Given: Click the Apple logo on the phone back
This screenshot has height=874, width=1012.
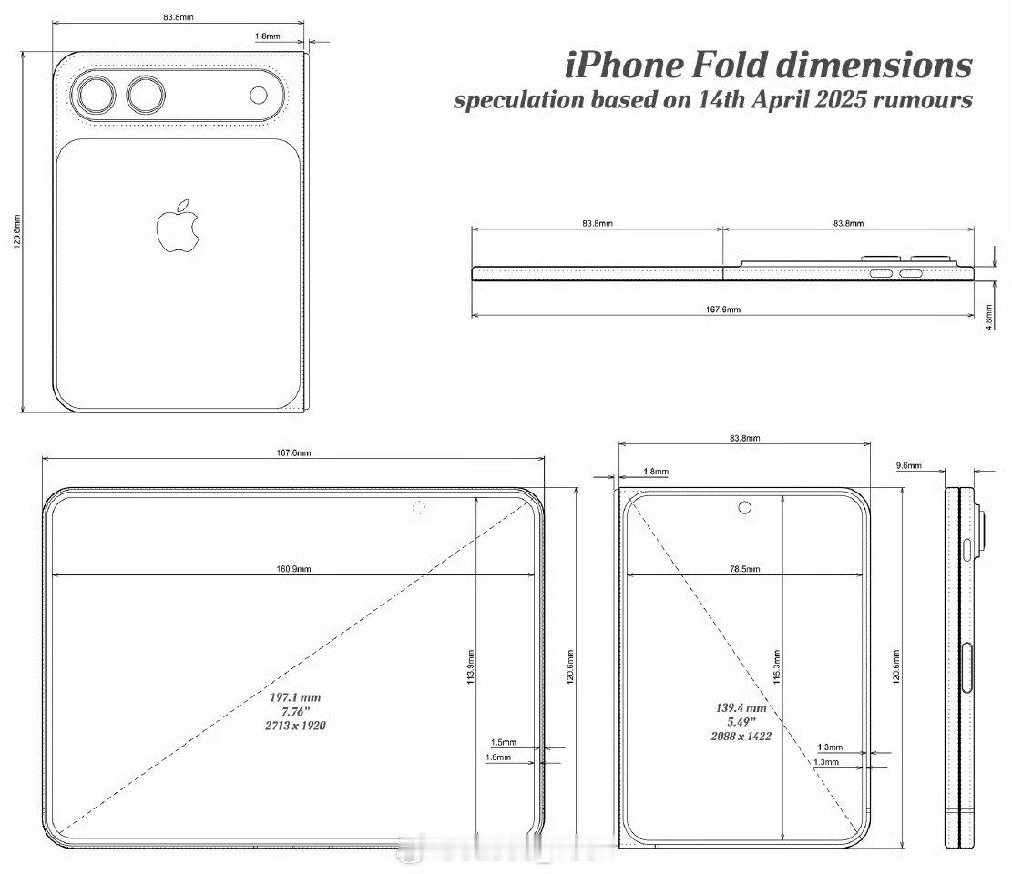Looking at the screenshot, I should pos(178,225).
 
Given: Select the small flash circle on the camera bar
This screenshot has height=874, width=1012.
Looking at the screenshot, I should pos(259,97).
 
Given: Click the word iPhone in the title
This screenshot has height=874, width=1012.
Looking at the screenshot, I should pos(621,66).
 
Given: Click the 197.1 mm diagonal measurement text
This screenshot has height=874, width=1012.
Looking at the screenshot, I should pos(295,696).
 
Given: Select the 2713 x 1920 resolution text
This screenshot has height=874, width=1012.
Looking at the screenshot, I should pos(295,726).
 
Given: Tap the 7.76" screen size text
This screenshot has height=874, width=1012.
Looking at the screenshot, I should pos(295,711).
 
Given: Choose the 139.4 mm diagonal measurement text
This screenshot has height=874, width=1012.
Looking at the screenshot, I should pos(740,707).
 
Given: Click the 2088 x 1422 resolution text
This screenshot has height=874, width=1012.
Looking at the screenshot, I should pos(740,736).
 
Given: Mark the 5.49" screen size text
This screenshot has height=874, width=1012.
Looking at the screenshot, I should pos(740,721).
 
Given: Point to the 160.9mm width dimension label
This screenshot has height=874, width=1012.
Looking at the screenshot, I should pos(294,569).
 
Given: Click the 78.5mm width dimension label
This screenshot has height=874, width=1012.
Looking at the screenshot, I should pos(744,569).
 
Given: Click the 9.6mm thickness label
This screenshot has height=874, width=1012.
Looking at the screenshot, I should pos(909,466).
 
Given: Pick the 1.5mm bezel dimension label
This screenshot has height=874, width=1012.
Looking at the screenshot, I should pos(503,743).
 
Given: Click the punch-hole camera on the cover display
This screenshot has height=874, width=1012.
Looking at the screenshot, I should pos(745,507).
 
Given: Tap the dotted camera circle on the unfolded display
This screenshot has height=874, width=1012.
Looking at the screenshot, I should pos(419,507).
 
